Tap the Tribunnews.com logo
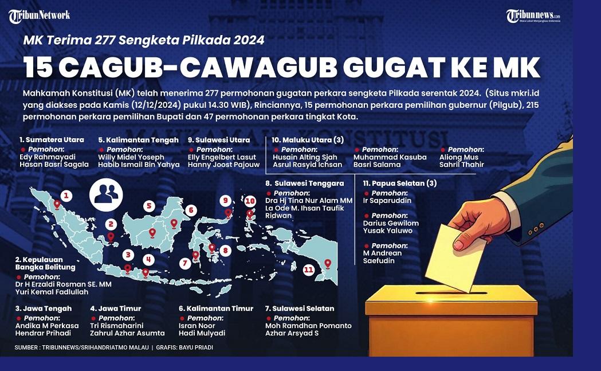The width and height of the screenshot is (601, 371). point(533,16)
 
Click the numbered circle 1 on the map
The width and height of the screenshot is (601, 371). point(66,196)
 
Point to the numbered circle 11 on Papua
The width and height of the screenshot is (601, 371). point(309,269)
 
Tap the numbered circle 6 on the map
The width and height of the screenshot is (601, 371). point(191,210)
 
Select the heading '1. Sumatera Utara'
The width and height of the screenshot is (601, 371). point(52,140)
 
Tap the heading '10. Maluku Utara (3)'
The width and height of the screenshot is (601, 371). point(308,140)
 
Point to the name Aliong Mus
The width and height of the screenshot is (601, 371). point(459,157)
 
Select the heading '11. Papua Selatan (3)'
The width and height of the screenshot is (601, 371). point(399,183)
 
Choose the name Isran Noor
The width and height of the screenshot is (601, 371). point(197,326)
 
